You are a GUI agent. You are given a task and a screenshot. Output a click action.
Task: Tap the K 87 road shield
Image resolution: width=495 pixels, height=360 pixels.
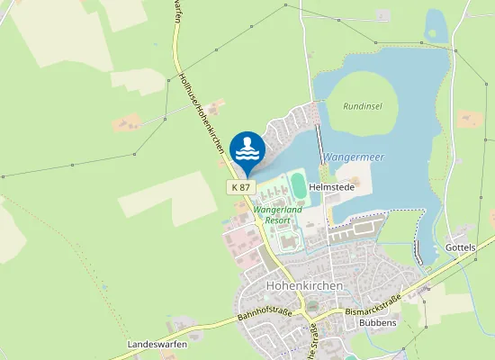point(241,186)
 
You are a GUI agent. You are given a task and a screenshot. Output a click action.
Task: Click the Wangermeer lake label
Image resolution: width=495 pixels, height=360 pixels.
point(354,157)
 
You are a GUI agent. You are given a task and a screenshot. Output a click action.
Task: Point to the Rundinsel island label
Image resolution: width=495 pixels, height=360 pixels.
point(363,105)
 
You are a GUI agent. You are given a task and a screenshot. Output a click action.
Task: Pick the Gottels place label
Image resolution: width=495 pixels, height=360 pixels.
point(460,247)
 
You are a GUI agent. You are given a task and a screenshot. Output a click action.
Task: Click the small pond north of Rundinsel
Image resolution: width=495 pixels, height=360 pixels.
point(435,25)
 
